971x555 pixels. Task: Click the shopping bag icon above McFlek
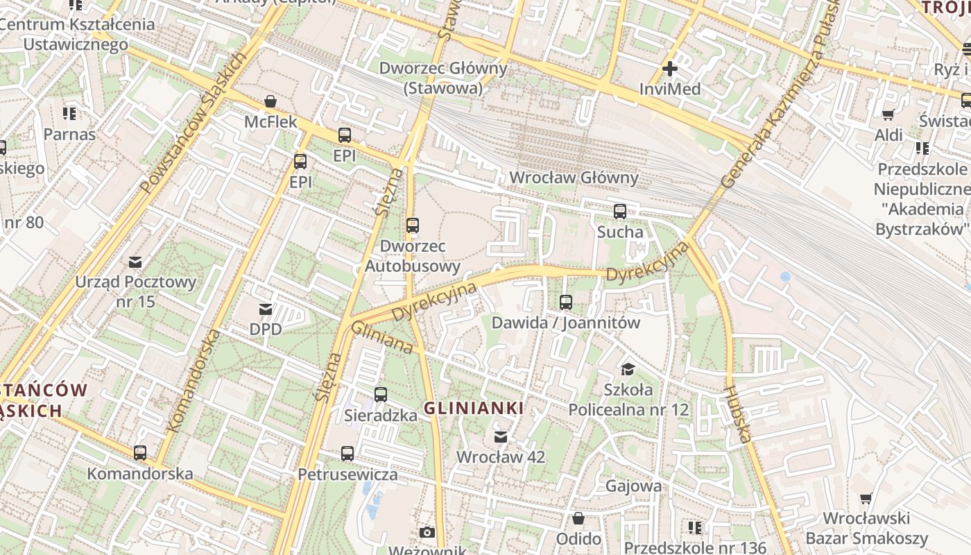pos(270,102)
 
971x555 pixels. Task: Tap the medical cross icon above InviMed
pos(669,69)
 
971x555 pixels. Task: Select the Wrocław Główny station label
pos(574,178)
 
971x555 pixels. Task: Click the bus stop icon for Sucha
pos(619,212)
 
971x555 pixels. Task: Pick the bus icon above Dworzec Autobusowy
pos(413,225)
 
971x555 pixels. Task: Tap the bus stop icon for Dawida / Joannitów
pos(566,302)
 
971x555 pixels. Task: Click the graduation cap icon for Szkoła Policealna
pos(628,369)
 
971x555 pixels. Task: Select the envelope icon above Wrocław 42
pos(500,437)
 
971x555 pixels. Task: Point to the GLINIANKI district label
pos(474,409)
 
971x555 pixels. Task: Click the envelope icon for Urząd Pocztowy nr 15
pos(135,262)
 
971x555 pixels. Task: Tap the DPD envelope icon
pos(266,309)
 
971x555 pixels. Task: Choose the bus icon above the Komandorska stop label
pos(140,453)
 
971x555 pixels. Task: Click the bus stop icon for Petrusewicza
pos(347,454)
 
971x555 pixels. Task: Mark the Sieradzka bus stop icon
pos(380,395)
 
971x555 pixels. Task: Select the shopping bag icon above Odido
pos(578,518)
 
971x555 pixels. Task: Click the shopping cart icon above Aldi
pos(888,114)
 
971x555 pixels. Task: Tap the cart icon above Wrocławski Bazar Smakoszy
pos(866,498)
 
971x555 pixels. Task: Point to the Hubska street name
pos(738,413)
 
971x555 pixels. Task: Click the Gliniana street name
pos(382,337)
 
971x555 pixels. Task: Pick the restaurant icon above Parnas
pos(69,113)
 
